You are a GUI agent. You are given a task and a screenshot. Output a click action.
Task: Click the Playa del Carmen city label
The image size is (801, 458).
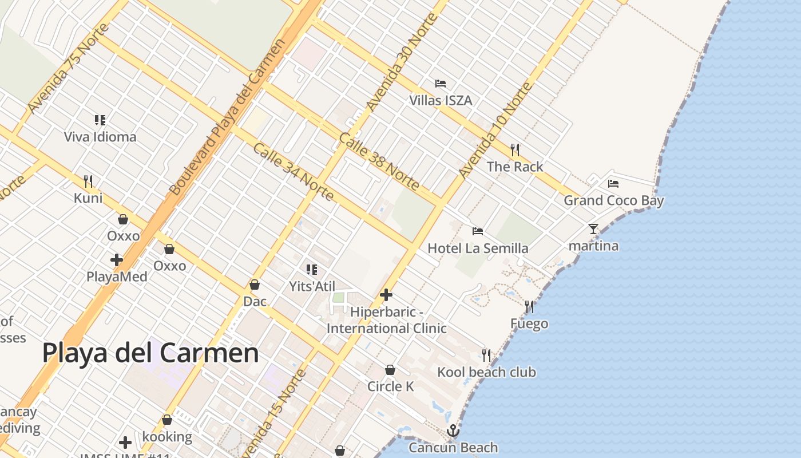click(x=150, y=353)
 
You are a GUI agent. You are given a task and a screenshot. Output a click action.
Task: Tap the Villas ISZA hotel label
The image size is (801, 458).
click(x=440, y=101)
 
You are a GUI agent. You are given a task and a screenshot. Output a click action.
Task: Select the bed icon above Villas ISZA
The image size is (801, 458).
click(x=440, y=84)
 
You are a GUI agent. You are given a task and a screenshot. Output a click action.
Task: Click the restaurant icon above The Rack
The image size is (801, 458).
click(x=515, y=150)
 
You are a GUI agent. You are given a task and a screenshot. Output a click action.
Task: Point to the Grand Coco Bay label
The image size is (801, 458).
click(x=613, y=200)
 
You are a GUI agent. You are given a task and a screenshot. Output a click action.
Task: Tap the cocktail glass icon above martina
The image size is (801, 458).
click(x=593, y=229)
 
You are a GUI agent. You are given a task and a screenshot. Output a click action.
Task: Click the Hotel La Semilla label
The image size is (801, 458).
click(x=478, y=248)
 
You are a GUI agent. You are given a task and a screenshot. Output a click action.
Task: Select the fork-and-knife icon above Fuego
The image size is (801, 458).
click(x=529, y=307)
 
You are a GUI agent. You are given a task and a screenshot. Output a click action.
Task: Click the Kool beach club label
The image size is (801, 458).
click(x=486, y=372)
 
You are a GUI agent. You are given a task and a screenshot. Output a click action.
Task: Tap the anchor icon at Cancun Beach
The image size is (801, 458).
click(x=453, y=430)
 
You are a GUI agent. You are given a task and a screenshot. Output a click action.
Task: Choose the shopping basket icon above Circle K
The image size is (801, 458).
click(x=390, y=370)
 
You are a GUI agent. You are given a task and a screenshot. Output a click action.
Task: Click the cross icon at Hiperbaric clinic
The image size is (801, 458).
click(x=386, y=295)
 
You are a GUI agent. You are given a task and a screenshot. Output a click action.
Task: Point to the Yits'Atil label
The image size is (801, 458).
click(x=312, y=286)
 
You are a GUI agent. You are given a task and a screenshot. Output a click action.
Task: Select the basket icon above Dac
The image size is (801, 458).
click(x=255, y=285)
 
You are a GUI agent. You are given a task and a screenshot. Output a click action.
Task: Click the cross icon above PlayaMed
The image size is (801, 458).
click(x=117, y=260)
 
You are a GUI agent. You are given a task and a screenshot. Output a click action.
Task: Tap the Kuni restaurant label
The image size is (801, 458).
click(x=88, y=198)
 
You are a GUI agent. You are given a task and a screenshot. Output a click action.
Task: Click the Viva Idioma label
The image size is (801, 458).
click(x=100, y=137)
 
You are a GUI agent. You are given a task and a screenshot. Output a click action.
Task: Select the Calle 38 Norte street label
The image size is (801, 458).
click(x=379, y=161)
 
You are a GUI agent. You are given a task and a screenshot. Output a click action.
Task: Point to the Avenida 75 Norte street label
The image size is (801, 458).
click(x=68, y=69)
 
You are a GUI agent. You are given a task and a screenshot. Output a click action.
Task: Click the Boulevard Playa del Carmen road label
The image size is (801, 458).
click(x=228, y=117)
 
